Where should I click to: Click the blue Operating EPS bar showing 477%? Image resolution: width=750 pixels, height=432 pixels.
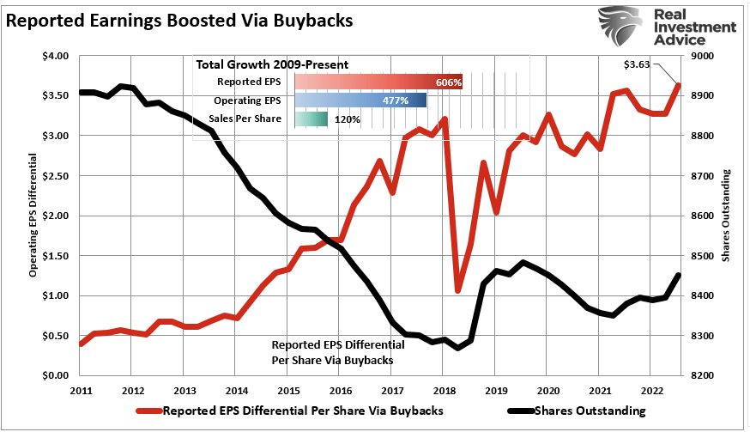(360, 100)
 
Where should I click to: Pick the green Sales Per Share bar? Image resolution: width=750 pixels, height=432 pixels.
(311, 119)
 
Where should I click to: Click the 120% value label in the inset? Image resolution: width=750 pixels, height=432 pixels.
(346, 119)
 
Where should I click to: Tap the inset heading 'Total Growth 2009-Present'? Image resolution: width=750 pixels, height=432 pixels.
(271, 64)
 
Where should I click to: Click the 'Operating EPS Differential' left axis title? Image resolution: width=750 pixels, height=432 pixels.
(34, 215)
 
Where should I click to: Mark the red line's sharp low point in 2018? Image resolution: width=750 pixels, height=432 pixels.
(458, 290)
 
